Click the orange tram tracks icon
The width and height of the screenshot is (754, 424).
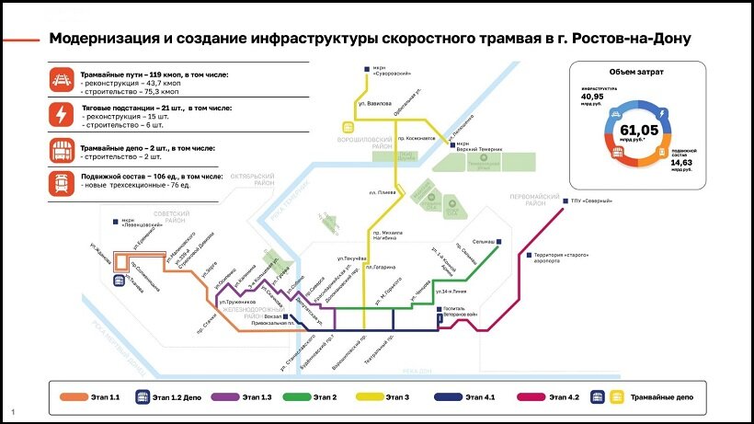click(63, 80)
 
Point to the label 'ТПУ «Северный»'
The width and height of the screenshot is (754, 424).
click(590, 200)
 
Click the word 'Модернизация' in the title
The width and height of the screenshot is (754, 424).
click(100, 39)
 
